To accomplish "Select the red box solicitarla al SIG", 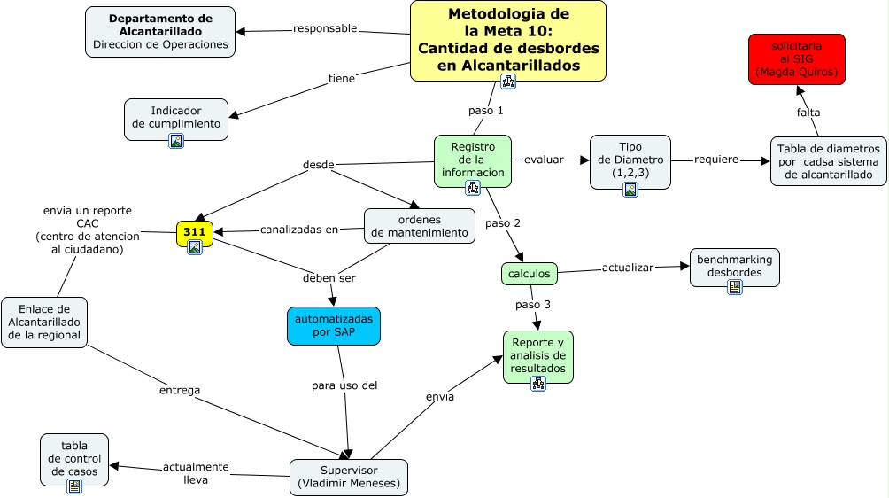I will coord(797,58).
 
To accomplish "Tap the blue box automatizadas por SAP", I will coord(334,325).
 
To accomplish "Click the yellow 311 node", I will coord(195,232).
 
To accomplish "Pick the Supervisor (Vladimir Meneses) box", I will coord(349,477).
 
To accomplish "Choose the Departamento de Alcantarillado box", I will coord(160,31).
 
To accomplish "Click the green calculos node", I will coord(530,274).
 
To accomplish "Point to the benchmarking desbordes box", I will coord(734,266).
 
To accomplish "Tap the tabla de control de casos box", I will coord(74,458).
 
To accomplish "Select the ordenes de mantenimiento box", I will coord(419,226).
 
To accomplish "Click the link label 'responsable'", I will coord(325,28).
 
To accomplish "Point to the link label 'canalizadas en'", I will coord(299,230).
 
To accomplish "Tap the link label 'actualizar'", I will coord(628,268).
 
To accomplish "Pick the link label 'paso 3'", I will coord(533,305).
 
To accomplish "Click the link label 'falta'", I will coord(808,113).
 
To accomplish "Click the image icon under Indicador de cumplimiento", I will coord(176,140).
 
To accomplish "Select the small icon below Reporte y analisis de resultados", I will coord(538,383).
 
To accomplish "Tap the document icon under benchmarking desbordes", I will coord(735,286).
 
